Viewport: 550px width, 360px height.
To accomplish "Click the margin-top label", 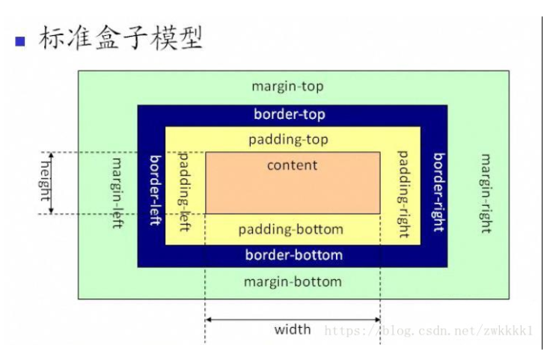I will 287,86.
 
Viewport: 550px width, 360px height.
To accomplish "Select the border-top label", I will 290,115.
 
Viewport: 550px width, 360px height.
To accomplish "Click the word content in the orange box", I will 293,165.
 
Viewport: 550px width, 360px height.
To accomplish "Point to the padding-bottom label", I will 291,230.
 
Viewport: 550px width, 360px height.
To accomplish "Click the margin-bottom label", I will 293,282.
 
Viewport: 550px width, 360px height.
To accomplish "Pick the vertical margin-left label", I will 117,192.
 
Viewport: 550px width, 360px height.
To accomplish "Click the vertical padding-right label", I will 403,194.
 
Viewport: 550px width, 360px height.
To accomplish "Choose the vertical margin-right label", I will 486,194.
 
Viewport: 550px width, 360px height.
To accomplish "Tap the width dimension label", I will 293,330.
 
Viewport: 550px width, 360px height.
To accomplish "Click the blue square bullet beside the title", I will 20,41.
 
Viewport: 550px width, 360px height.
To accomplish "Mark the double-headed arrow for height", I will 52,183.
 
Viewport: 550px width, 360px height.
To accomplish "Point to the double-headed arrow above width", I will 293,320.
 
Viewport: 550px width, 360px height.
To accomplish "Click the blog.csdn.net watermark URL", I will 429,330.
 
